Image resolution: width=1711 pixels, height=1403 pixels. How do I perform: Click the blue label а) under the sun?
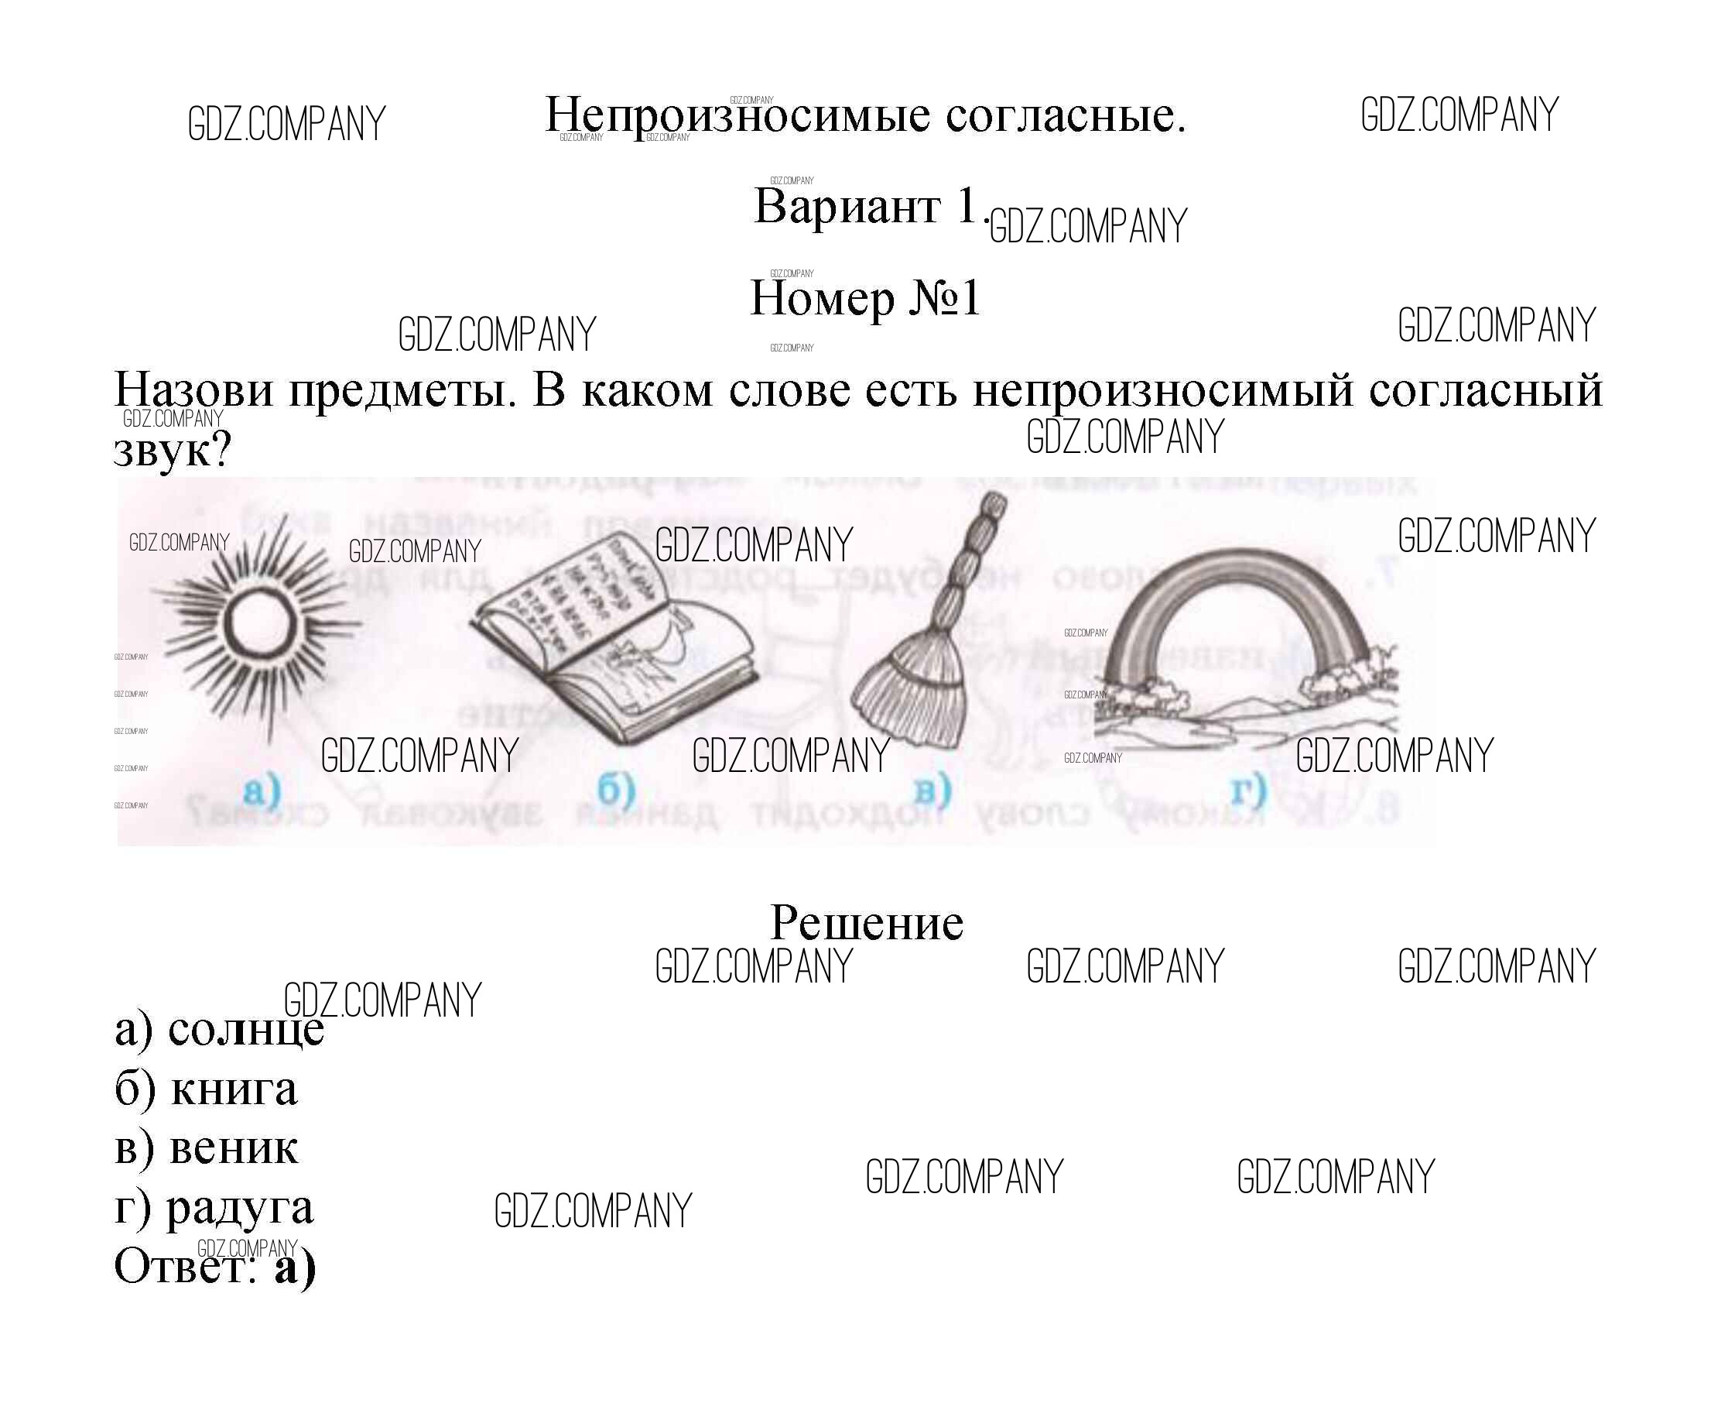261,790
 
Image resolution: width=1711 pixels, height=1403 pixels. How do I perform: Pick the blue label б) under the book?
617,790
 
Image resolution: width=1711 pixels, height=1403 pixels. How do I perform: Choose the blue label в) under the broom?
932,790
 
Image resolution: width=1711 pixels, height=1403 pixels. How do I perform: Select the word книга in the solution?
234,1089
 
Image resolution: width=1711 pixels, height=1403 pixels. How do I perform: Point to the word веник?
234,1148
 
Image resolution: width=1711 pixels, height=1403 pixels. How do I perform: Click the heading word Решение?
867,923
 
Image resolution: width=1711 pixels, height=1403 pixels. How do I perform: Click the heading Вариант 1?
867,207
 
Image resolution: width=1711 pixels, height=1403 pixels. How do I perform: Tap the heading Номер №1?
865,299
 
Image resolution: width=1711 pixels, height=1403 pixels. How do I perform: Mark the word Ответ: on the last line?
185,1268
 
